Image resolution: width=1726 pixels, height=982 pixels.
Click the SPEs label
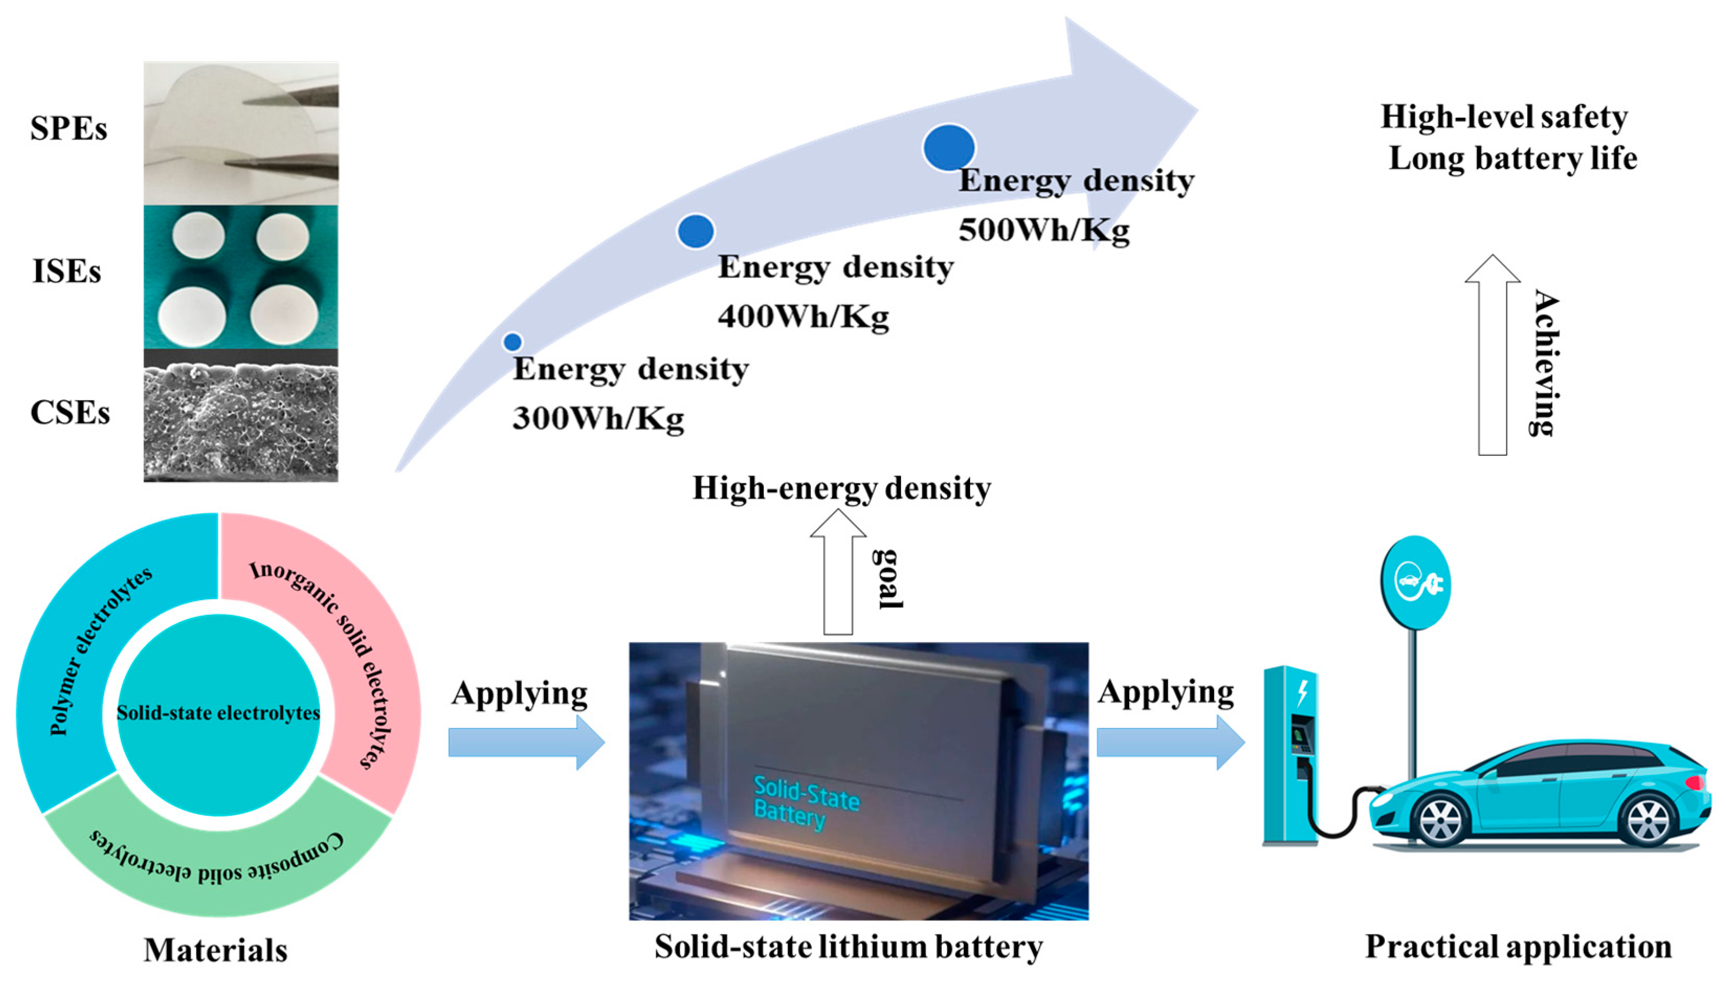(68, 128)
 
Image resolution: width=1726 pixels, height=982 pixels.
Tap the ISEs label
(66, 271)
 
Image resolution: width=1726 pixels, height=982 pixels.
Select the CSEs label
(70, 413)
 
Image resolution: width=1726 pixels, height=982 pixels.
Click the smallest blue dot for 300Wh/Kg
(513, 342)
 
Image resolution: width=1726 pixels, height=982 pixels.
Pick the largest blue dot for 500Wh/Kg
(949, 148)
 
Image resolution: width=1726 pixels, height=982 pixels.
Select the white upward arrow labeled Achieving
(1492, 357)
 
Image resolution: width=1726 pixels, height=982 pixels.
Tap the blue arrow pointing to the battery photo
(526, 742)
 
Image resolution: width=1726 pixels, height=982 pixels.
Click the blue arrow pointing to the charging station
(1170, 742)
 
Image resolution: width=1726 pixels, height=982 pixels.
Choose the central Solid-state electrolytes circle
(218, 714)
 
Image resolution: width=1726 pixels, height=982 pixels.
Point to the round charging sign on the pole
(1416, 583)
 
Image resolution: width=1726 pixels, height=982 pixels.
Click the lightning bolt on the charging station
(1303, 693)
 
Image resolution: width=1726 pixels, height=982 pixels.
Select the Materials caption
(215, 950)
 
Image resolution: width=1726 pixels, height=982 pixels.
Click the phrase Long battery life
(1513, 159)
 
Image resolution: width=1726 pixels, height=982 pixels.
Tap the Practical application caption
(1518, 946)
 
